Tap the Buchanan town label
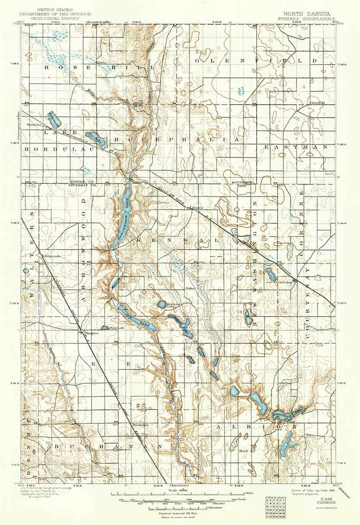coord(139,424)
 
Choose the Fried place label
coord(243,451)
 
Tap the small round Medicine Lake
coord(161,304)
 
